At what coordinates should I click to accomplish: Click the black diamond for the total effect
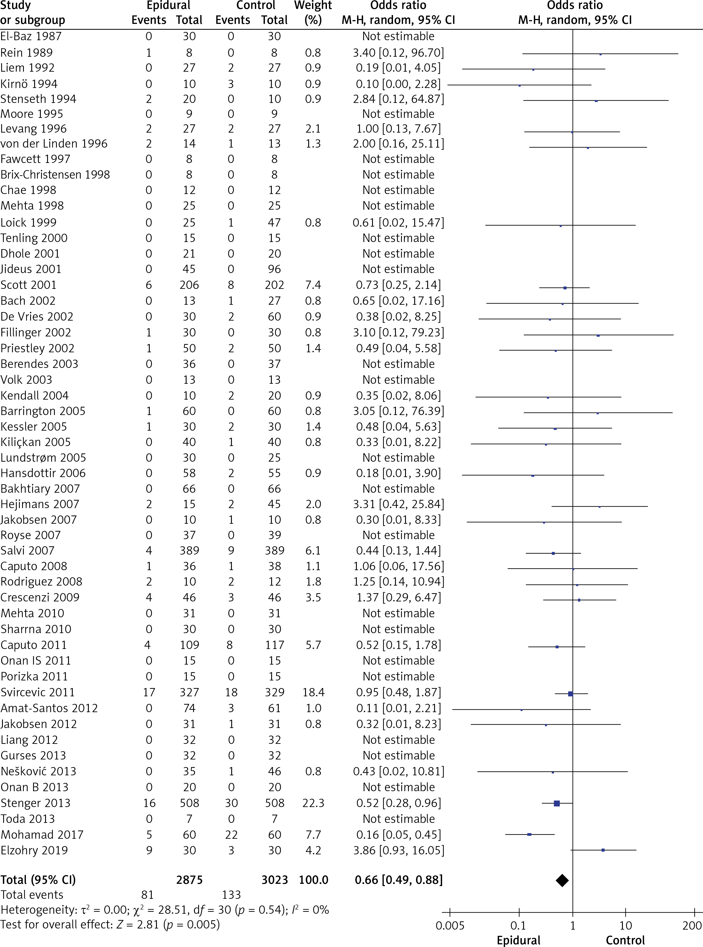point(562,880)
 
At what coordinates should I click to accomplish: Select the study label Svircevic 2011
point(37,693)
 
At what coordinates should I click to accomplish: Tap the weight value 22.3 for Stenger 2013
point(313,803)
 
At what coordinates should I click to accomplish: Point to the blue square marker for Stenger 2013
point(557,804)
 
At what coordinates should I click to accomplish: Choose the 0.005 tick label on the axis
point(450,926)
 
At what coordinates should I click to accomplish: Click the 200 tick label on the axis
point(692,926)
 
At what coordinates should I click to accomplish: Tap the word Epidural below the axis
point(518,940)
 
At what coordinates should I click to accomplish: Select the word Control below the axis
point(625,940)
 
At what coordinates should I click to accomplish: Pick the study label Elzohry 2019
point(34,850)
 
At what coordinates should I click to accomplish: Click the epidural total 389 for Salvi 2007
point(189,551)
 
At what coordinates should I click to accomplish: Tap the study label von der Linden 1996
point(54,144)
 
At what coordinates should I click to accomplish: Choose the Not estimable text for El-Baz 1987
point(398,37)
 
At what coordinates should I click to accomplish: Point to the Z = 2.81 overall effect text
point(138,924)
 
